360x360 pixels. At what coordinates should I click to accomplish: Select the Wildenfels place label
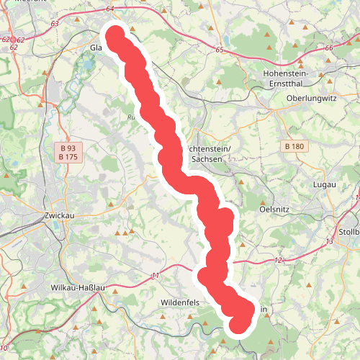click(179, 303)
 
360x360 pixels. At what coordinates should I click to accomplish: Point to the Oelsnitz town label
click(274, 209)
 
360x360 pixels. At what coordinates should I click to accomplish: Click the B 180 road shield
click(294, 146)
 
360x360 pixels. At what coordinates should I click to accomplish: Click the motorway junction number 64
click(109, 9)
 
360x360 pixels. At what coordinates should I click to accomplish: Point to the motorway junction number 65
click(220, 50)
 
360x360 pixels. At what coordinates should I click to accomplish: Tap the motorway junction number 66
click(329, 48)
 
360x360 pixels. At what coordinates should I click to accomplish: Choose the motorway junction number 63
click(55, 24)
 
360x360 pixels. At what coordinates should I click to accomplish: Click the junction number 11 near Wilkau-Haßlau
click(155, 276)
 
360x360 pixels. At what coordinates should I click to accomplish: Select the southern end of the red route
click(240, 324)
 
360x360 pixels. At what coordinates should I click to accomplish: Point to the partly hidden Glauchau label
click(97, 48)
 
